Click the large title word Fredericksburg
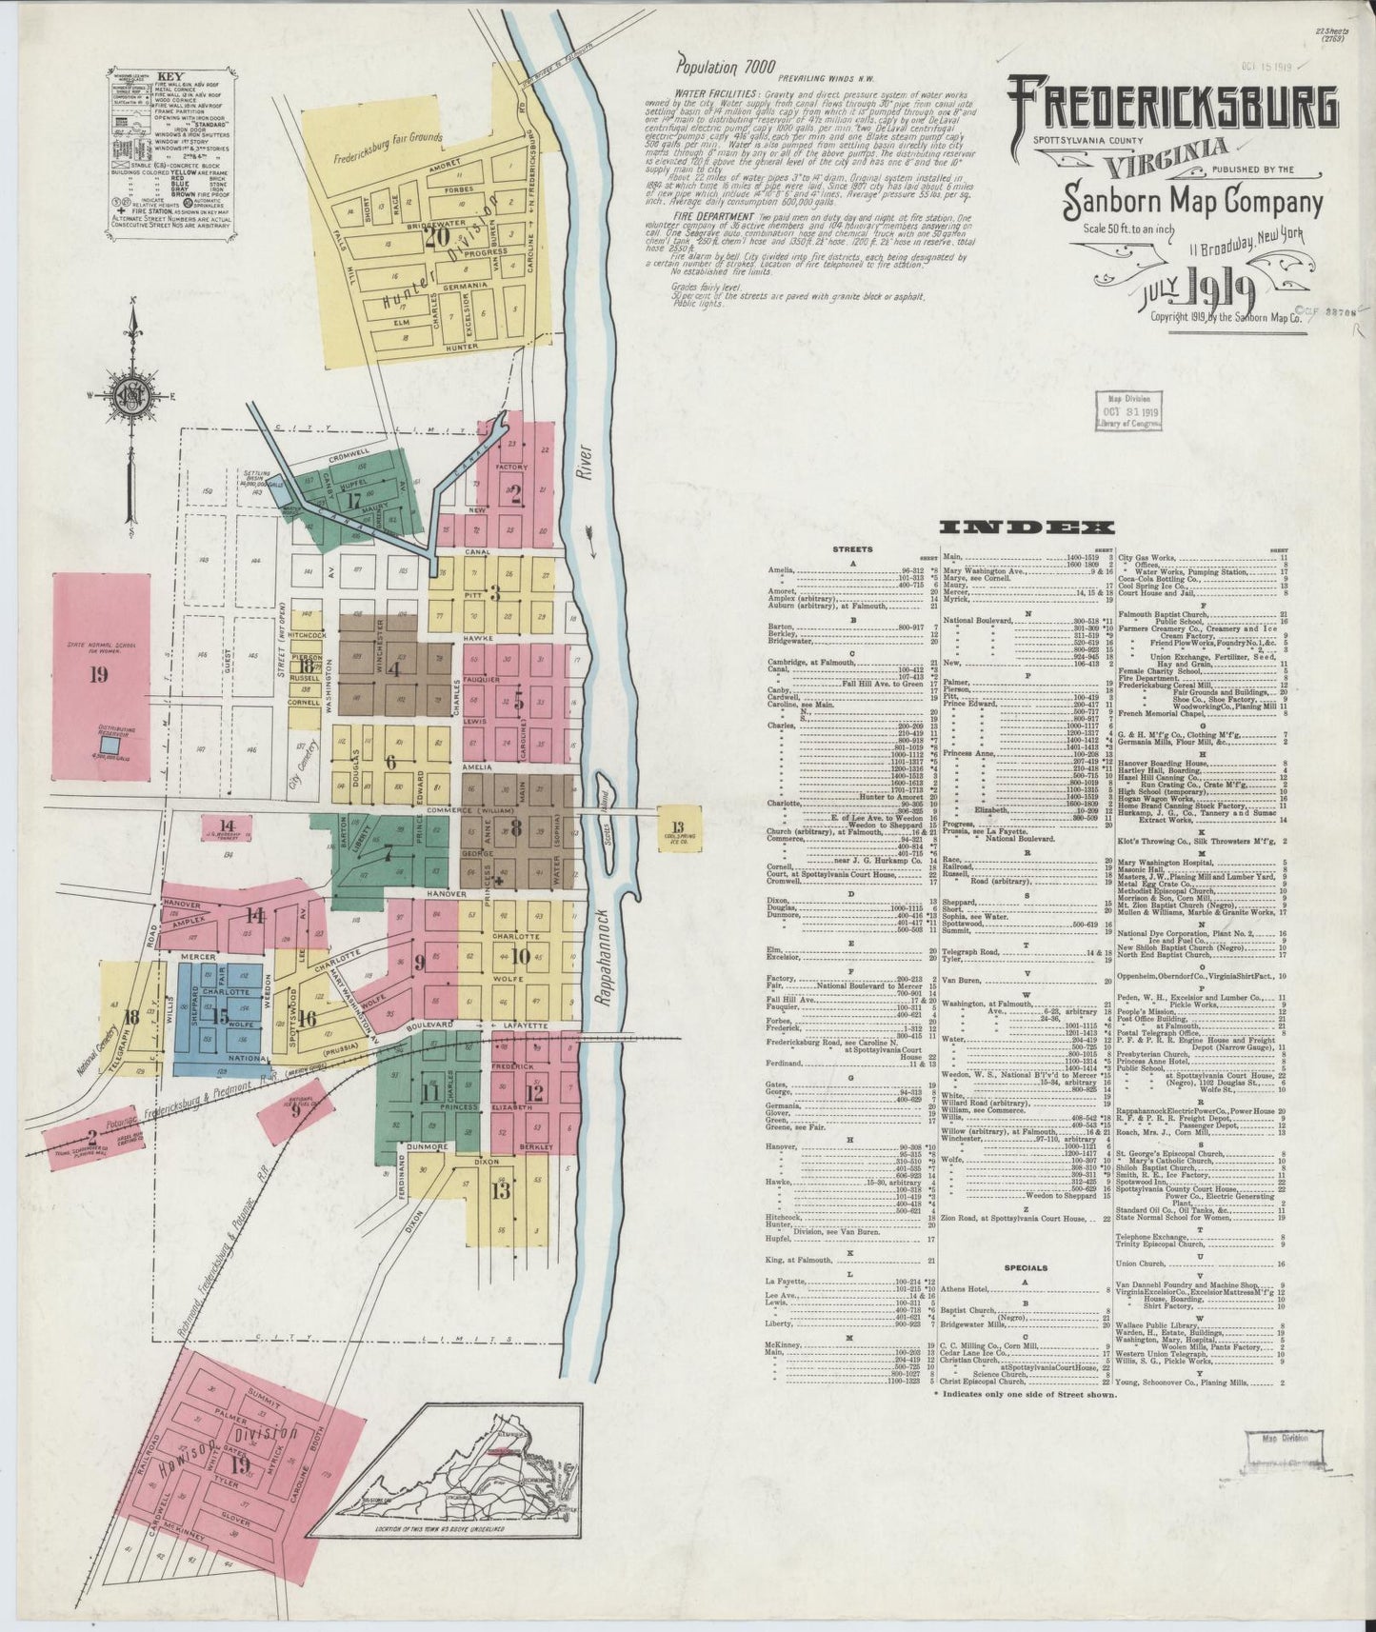(x=1173, y=107)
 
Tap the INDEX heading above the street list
(x=1026, y=527)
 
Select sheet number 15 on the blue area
(x=220, y=1015)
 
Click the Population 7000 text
(x=721, y=68)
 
